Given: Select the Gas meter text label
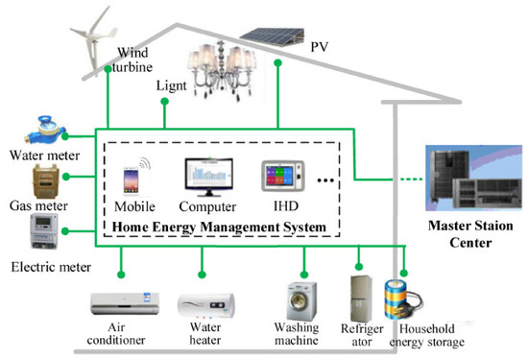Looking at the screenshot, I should [x=36, y=206].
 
